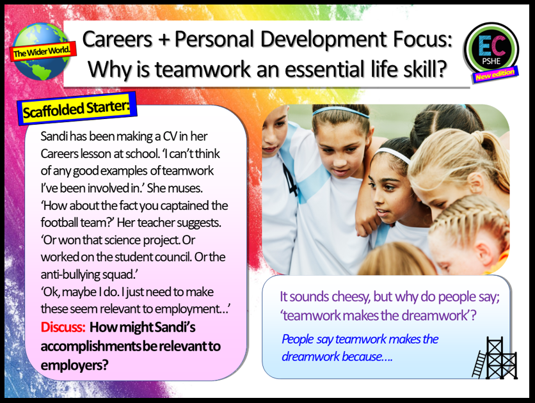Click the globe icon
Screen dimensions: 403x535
[40, 51]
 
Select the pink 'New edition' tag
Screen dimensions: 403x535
[497, 75]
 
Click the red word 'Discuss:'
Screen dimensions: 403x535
[63, 327]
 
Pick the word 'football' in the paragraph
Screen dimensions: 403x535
[63, 224]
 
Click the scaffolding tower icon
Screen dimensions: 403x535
[492, 357]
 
